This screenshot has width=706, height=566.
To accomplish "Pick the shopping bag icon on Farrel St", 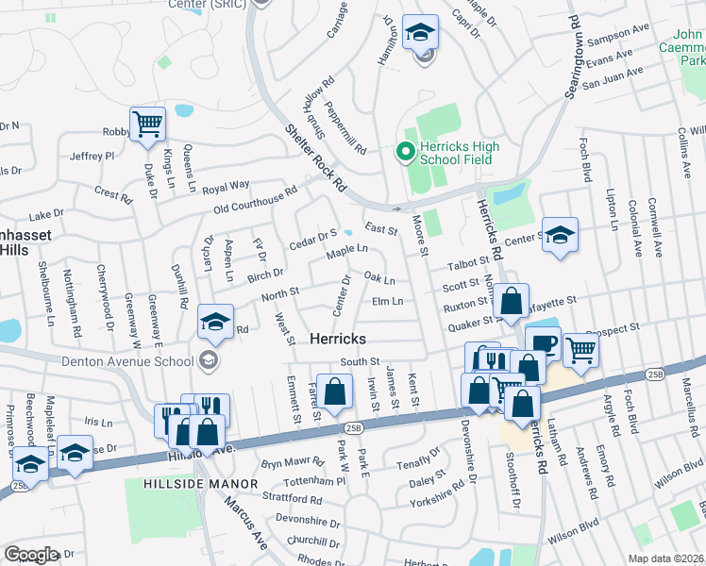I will coord(334,391).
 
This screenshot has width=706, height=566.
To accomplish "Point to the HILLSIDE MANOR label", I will coord(201,484).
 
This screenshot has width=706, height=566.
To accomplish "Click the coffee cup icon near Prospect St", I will coord(542,343).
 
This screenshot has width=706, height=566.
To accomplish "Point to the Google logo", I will coord(31,555).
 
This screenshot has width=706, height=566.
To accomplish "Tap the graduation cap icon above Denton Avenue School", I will coord(215,324).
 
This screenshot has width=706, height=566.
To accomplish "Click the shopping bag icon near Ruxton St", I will coord(512,301).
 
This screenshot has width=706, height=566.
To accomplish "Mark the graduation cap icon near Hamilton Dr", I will coord(420,32).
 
